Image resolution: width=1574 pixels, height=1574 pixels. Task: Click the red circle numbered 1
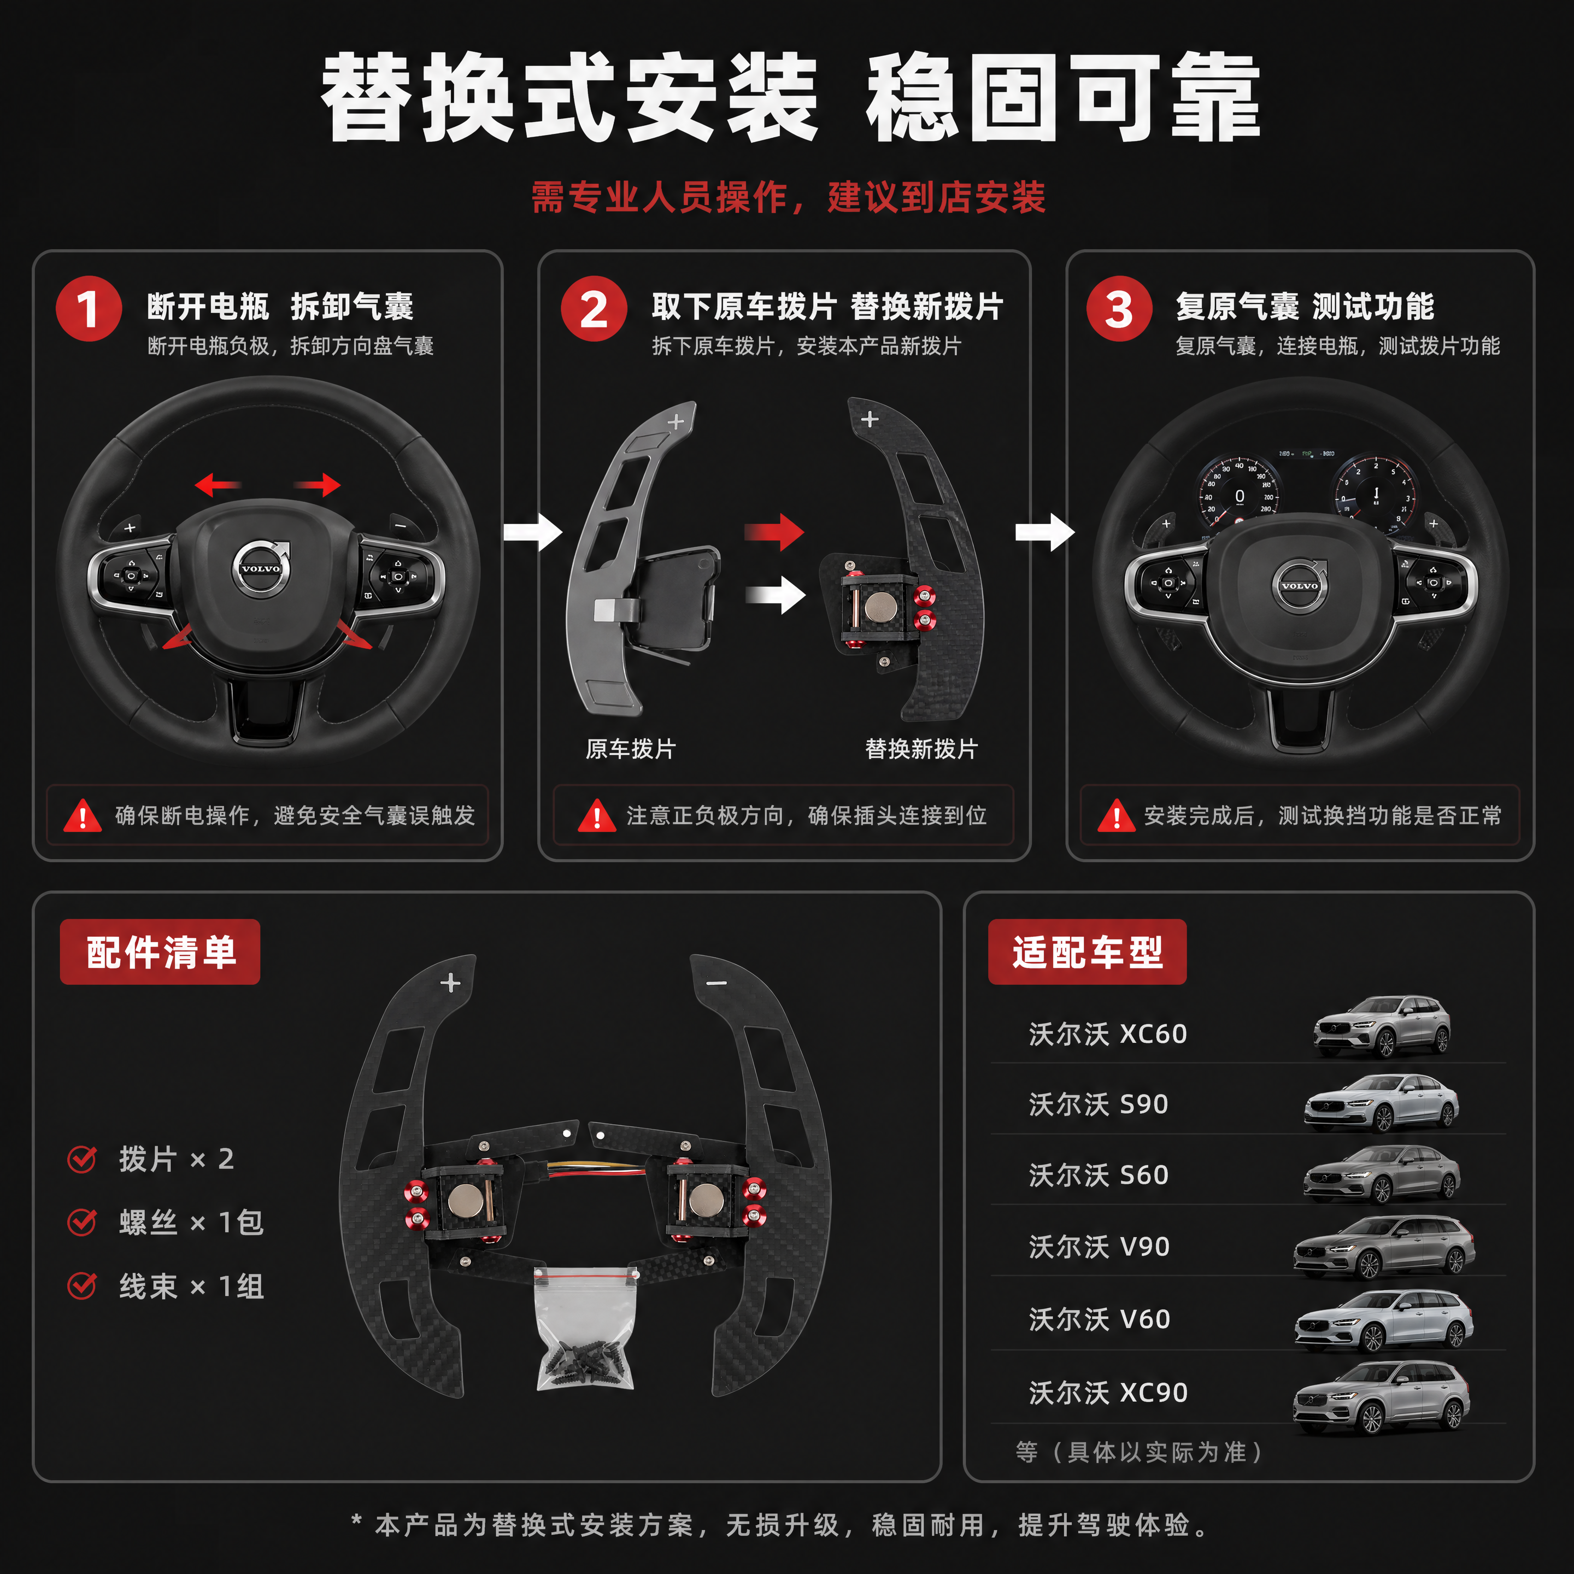[x=89, y=309]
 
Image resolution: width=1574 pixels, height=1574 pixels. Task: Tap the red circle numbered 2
[x=594, y=309]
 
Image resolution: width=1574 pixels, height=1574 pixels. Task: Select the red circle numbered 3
[x=1119, y=309]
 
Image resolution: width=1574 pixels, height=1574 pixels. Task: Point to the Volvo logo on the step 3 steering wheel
[x=1300, y=584]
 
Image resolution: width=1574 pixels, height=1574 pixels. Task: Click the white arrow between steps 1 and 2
[x=533, y=532]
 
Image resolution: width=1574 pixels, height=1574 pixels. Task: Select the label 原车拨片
[x=631, y=749]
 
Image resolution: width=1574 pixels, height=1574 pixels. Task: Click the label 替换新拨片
[x=921, y=749]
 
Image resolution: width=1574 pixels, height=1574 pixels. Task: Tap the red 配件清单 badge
[x=161, y=952]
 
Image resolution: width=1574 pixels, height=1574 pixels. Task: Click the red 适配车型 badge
[x=1088, y=952]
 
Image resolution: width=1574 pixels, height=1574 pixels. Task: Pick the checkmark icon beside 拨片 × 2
[x=83, y=1159]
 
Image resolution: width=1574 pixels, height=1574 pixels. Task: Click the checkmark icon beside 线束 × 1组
[x=83, y=1287]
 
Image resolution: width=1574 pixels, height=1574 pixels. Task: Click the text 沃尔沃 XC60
[x=1108, y=1034]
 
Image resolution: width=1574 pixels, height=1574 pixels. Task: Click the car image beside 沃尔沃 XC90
[x=1382, y=1397]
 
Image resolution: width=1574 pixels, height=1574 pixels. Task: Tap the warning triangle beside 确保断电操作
[x=83, y=815]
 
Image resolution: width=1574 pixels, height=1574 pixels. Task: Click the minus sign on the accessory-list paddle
[x=716, y=983]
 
